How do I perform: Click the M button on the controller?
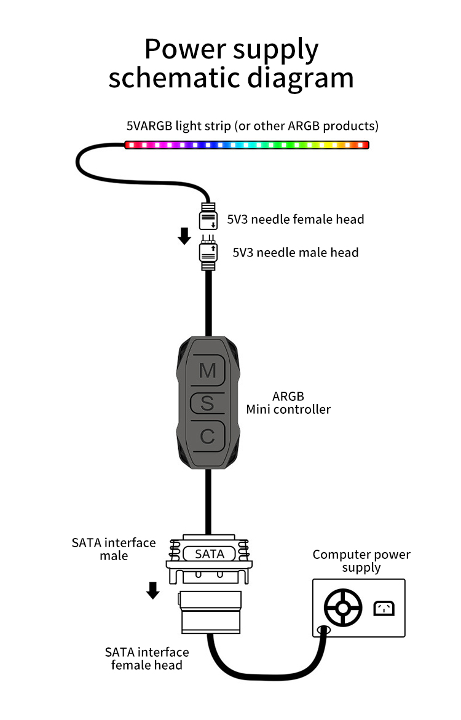pyautogui.click(x=208, y=370)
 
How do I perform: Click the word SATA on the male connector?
pyautogui.click(x=210, y=554)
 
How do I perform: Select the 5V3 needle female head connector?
pyautogui.click(x=208, y=216)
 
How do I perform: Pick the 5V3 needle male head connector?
pyautogui.click(x=208, y=253)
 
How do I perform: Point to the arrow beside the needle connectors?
pyautogui.click(x=184, y=236)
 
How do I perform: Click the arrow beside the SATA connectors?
pyautogui.click(x=152, y=590)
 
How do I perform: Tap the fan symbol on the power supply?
pyautogui.click(x=343, y=608)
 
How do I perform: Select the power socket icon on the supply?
pyautogui.click(x=384, y=609)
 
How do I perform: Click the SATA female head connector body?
pyautogui.click(x=210, y=612)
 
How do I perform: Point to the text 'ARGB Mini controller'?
pyautogui.click(x=288, y=403)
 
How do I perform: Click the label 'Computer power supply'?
pyautogui.click(x=361, y=561)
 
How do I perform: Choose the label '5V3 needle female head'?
pyautogui.click(x=296, y=219)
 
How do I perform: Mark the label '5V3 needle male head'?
pyautogui.click(x=296, y=252)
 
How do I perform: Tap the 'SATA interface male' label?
pyautogui.click(x=114, y=549)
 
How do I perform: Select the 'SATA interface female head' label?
pyautogui.click(x=147, y=659)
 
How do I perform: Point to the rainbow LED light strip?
pyautogui.click(x=247, y=145)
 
